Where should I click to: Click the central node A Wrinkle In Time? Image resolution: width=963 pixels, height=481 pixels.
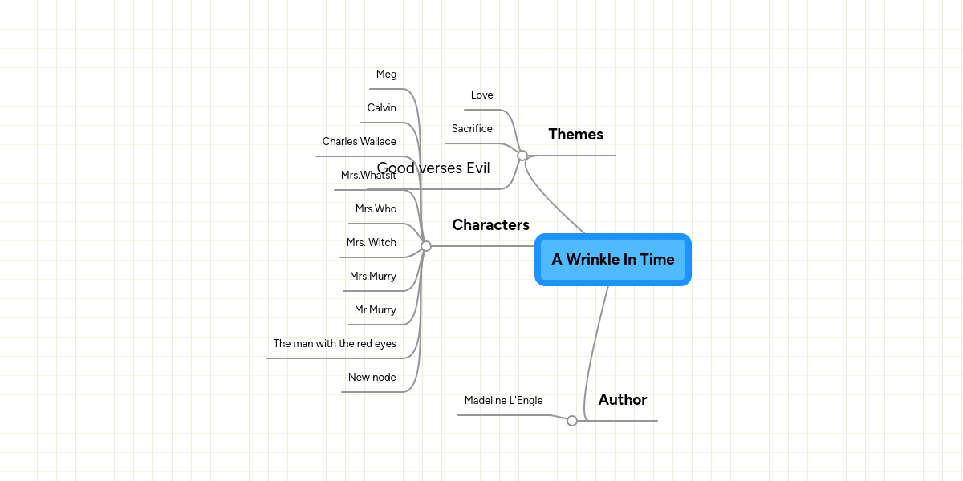[x=613, y=259]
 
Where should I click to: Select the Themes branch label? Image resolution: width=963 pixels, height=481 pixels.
[x=575, y=134]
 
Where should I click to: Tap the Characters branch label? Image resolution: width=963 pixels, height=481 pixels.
[x=490, y=225]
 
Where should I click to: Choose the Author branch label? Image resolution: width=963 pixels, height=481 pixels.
[x=622, y=399]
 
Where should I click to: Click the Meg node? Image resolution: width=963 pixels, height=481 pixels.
[x=386, y=75]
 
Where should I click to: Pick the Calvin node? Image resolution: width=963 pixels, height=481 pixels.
[x=381, y=108]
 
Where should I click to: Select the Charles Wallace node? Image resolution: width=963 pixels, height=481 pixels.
[x=359, y=142]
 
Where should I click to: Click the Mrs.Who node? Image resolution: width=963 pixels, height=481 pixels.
[x=376, y=209]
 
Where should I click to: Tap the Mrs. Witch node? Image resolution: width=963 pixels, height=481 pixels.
[x=371, y=243]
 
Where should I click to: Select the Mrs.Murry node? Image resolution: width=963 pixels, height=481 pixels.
[x=372, y=277]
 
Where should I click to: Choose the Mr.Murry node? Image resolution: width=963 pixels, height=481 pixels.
[x=375, y=310]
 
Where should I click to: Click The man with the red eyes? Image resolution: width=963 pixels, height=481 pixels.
[x=335, y=344]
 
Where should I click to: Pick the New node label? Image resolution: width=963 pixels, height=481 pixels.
[x=372, y=378]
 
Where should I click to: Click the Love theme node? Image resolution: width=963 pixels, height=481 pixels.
[x=481, y=95]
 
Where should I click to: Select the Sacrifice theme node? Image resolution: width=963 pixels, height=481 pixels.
[x=472, y=129]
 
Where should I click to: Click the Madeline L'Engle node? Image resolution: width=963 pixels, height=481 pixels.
[x=503, y=401]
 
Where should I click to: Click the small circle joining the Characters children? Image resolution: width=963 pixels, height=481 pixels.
[x=426, y=246]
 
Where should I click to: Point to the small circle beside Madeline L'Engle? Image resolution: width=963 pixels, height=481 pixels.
[x=572, y=421]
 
